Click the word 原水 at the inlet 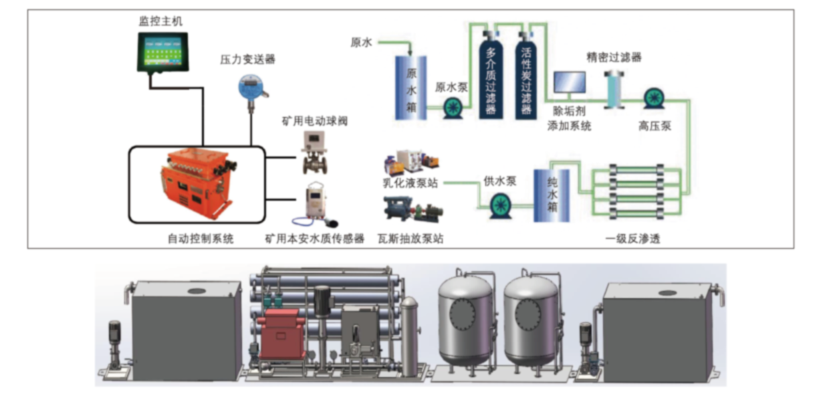pos(361,43)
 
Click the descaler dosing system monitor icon pos(569,84)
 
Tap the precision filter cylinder pos(612,88)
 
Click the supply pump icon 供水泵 pos(500,205)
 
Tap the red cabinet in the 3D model pos(282,332)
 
